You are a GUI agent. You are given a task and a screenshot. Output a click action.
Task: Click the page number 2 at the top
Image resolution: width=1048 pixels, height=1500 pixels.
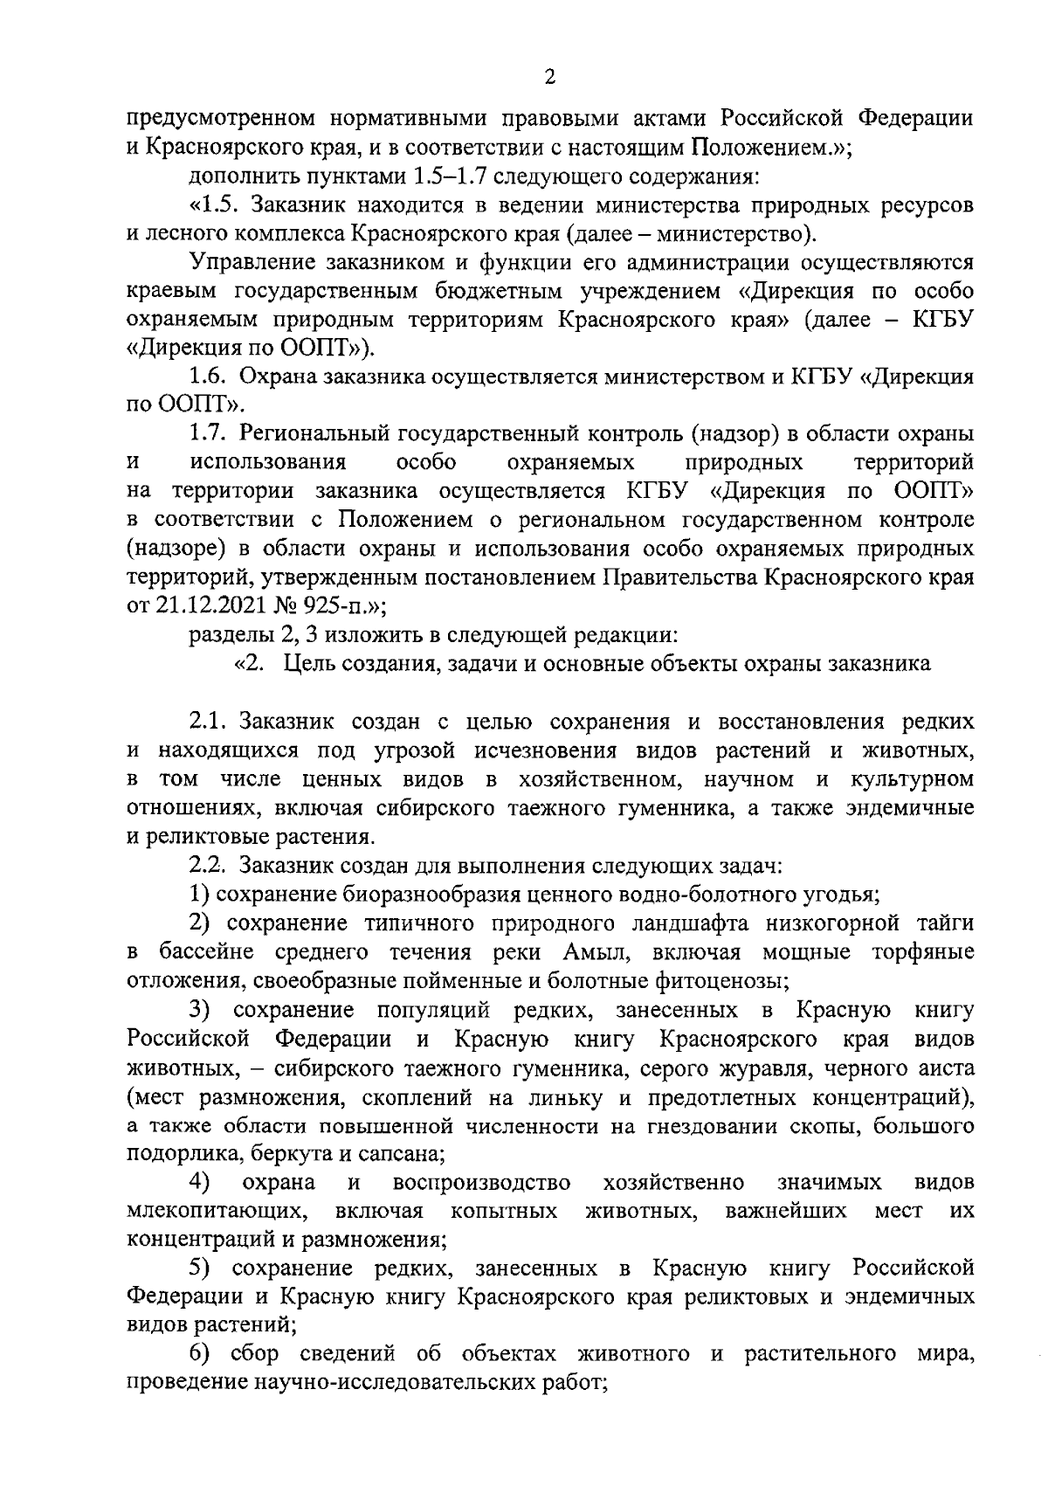pyautogui.click(x=549, y=78)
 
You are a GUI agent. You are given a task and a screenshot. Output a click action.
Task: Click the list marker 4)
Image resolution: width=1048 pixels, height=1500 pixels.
pyautogui.click(x=202, y=1182)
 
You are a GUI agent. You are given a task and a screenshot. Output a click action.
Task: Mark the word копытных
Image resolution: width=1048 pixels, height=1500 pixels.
pyautogui.click(x=506, y=1211)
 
